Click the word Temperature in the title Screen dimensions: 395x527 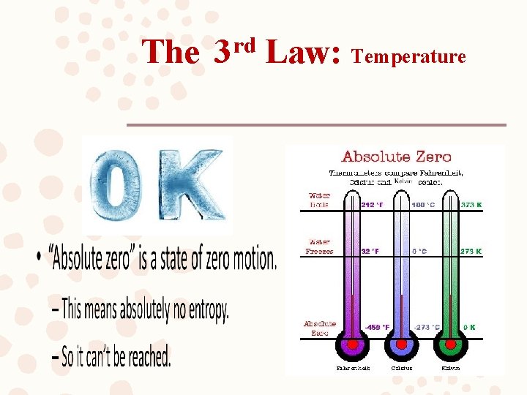[409, 56]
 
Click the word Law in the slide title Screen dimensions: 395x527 [302, 52]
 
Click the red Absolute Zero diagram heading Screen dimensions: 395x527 [397, 157]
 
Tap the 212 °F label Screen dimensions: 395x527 [372, 205]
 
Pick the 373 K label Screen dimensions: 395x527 [471, 205]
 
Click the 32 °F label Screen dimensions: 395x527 [371, 251]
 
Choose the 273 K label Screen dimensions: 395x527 [471, 251]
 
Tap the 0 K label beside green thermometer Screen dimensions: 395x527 [468, 327]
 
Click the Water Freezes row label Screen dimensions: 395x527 [319, 247]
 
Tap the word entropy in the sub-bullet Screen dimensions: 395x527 [204, 312]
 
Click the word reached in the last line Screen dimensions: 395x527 [146, 358]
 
